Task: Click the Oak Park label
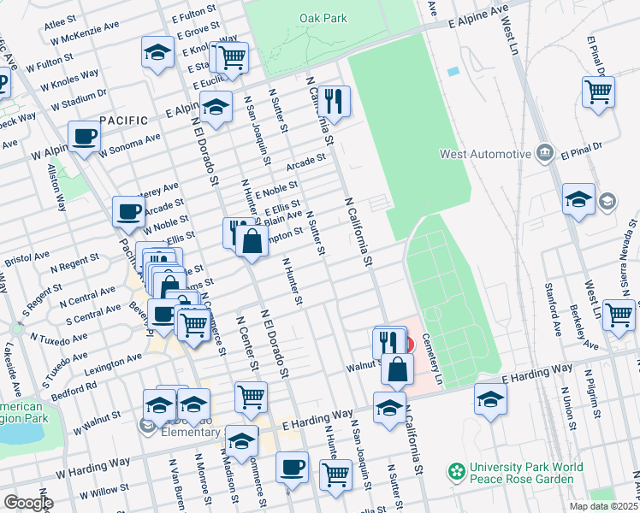pos(323,18)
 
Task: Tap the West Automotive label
pos(485,155)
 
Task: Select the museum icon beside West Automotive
pos(545,154)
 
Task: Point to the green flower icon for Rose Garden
pos(457,471)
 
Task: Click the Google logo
pos(28,503)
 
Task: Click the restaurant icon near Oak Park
pos(335,102)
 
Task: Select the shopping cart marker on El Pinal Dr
pos(598,91)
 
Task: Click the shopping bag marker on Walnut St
pos(398,369)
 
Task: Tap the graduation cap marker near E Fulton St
pos(157,53)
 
